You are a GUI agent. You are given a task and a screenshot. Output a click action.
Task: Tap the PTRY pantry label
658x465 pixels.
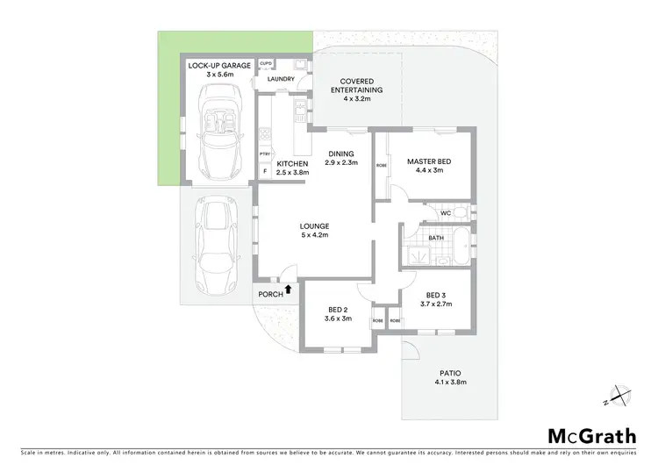point(265,155)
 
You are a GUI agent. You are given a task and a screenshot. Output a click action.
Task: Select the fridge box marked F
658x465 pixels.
point(265,172)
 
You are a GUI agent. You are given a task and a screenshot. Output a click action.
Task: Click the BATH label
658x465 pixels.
point(436,238)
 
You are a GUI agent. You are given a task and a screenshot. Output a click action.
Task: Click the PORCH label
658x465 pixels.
point(270,294)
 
